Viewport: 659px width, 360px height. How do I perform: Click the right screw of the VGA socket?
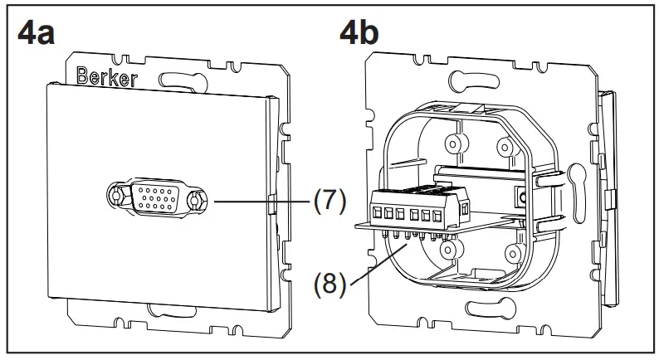click(196, 201)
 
